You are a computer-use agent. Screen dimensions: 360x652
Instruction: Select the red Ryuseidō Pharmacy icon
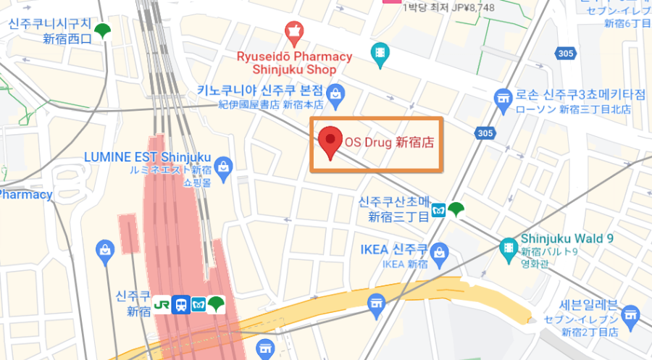click(293, 32)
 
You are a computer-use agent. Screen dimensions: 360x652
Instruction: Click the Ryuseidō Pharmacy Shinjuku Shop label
click(294, 63)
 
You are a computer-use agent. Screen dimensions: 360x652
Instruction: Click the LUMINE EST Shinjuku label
click(147, 157)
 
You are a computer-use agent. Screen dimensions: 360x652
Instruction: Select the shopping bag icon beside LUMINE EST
click(224, 166)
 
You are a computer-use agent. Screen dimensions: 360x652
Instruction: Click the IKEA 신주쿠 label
click(391, 250)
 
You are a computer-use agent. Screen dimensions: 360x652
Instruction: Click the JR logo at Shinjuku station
click(163, 304)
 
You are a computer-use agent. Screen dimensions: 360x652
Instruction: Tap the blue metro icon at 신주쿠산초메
click(439, 210)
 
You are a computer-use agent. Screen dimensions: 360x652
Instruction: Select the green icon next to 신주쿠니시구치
click(105, 31)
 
